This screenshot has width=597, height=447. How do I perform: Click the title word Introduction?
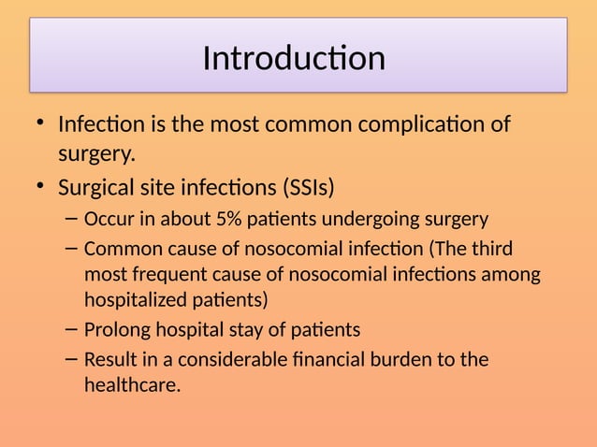[x=294, y=58]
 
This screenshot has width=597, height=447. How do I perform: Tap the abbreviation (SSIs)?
[x=307, y=188]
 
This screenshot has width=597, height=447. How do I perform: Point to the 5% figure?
[x=227, y=221]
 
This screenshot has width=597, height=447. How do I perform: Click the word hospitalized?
[x=137, y=300]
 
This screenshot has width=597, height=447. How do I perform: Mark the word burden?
[x=427, y=359]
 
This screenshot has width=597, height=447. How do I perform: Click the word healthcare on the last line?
[x=131, y=384]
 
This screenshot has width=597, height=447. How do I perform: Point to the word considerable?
[x=233, y=359]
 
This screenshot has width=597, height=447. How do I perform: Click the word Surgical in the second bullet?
[x=95, y=188]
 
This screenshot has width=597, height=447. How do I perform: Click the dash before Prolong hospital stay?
[x=73, y=330]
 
